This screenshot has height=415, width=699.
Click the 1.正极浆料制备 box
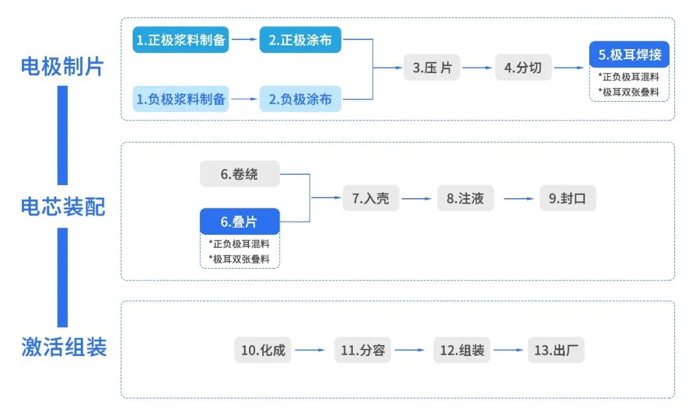181,40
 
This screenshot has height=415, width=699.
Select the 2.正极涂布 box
300,40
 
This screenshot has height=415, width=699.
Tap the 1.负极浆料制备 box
181,99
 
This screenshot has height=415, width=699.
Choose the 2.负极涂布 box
300,99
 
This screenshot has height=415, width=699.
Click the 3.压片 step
432,67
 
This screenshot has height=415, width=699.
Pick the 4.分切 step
523,67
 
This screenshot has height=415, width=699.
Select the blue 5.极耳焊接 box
629,55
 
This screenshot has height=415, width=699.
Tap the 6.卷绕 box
239,174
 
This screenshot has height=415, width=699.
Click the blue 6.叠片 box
239,222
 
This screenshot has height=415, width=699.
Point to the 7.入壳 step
371,198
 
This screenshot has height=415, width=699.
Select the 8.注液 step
465,198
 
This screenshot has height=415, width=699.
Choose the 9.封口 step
568,198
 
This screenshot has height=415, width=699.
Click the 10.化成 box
263,350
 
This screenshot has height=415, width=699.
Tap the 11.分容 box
362,350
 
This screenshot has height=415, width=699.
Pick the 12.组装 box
461,350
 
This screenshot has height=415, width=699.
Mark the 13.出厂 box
556,350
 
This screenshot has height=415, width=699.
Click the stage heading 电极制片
62,67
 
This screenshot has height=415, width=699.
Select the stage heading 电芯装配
62,207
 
